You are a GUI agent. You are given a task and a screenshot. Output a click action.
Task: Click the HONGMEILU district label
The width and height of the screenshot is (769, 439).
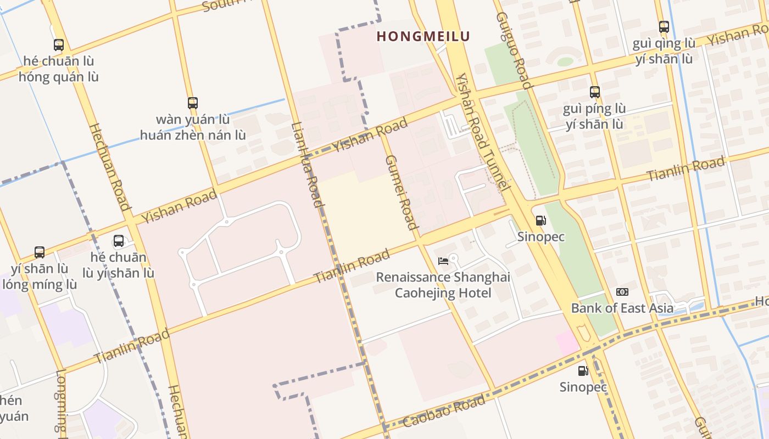[x=423, y=37]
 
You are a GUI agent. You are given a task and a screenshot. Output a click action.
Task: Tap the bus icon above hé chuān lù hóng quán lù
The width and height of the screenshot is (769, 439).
[x=59, y=45]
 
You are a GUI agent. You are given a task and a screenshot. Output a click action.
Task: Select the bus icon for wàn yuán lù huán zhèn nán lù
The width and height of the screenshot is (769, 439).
[x=192, y=103]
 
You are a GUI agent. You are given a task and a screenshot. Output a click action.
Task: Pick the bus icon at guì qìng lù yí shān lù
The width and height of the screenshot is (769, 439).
[x=664, y=26]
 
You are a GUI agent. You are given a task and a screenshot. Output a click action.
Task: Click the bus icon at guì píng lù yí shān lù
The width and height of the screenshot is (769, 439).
[x=594, y=92]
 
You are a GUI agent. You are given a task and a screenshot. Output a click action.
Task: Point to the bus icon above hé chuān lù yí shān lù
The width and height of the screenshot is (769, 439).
[x=118, y=240]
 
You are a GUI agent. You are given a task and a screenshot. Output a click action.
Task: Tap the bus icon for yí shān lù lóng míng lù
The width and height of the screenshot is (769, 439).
[x=40, y=252]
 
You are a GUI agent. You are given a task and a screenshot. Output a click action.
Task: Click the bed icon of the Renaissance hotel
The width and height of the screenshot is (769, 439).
[x=443, y=261]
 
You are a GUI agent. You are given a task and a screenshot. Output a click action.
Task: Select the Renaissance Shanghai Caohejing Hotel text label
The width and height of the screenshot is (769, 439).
[x=443, y=285]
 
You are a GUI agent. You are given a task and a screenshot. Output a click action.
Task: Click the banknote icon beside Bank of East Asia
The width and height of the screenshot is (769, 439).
[x=622, y=292]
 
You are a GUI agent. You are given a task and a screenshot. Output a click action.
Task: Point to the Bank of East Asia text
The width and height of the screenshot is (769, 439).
[x=622, y=308]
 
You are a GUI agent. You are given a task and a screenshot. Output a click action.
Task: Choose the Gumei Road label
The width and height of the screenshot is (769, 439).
[x=400, y=192]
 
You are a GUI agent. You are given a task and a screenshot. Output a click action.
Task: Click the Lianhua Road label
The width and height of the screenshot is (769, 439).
[x=307, y=164]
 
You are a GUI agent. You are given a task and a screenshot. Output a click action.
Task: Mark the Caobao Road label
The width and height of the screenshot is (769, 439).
[x=444, y=411]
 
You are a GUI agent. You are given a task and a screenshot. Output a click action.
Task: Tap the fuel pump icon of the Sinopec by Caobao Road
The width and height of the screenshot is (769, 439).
[x=583, y=371]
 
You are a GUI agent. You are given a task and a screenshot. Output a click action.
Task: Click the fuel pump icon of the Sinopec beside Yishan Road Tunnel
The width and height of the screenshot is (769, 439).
[x=540, y=221]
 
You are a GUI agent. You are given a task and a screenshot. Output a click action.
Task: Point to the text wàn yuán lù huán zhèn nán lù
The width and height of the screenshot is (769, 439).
[x=192, y=127]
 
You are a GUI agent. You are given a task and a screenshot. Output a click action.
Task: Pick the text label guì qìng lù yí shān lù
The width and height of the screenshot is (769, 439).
[x=664, y=51]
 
